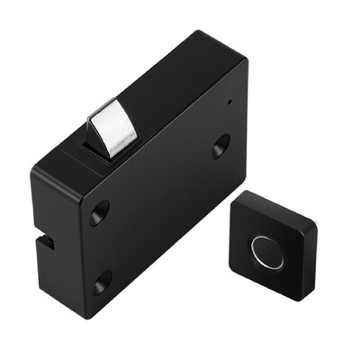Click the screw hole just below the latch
tap(98, 212)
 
